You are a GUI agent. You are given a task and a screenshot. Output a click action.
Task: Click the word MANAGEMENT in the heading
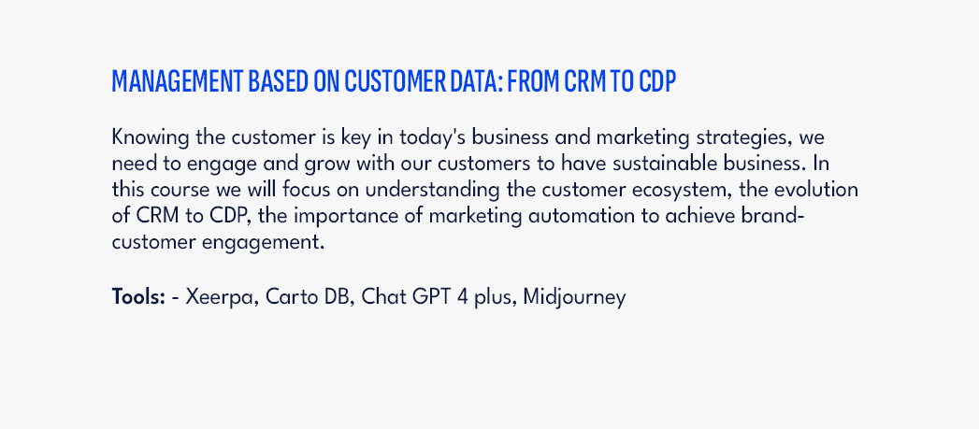(178, 82)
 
